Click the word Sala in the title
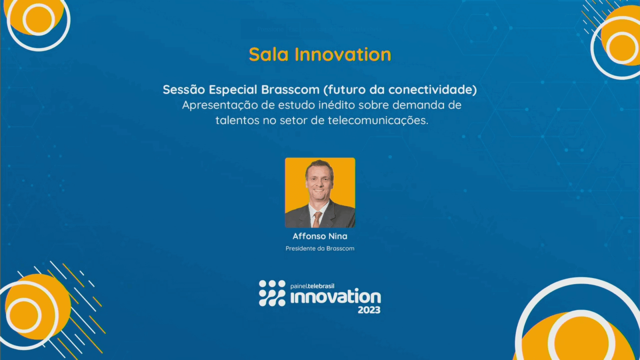point(268,54)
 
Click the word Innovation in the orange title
point(343,54)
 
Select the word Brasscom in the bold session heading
point(290,90)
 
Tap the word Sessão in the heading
point(184,90)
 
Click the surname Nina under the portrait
point(338,236)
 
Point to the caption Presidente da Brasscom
point(320,248)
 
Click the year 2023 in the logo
point(369,310)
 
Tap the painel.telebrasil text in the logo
point(312,286)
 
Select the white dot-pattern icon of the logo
point(272,293)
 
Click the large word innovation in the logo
point(336,298)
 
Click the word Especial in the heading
point(233,90)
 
